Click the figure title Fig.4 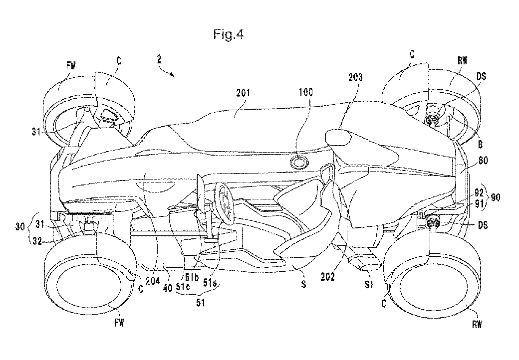tap(228, 35)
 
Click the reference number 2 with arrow tap(159, 61)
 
